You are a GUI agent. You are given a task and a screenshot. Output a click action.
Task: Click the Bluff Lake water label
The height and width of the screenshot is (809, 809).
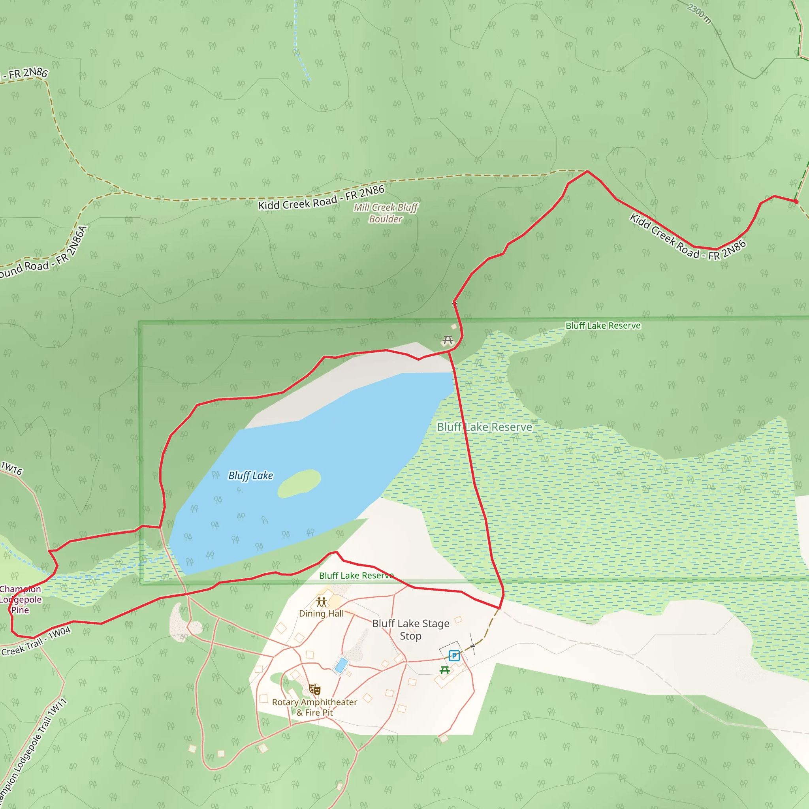tap(250, 476)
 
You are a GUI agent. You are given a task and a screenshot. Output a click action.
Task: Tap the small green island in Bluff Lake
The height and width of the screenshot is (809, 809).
tap(299, 483)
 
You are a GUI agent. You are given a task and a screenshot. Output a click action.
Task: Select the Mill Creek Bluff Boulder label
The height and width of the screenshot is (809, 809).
tap(386, 213)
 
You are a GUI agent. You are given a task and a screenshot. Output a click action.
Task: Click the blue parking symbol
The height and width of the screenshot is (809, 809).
tap(454, 656)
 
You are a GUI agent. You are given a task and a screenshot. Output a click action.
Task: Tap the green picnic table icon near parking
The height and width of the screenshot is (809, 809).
tap(445, 670)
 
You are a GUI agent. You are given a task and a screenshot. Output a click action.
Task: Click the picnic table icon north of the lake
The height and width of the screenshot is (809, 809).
tap(448, 340)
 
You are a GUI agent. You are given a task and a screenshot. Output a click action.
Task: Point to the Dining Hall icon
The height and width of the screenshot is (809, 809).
tap(322, 602)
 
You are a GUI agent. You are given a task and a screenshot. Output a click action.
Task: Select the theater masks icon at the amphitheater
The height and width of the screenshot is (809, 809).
tap(314, 689)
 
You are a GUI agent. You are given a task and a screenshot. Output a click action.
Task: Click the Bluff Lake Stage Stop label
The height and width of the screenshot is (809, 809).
tap(410, 629)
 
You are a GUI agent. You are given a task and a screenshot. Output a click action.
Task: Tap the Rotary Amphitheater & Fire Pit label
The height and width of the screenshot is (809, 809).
tap(314, 707)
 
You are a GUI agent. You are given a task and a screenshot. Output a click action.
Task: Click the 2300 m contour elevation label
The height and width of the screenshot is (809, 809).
tap(699, 13)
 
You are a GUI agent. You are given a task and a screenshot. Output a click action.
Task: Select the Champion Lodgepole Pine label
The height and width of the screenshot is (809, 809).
tap(20, 599)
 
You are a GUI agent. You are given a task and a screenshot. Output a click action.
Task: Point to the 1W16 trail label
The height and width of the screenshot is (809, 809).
tap(12, 468)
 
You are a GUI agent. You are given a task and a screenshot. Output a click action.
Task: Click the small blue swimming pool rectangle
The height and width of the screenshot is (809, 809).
tap(341, 665)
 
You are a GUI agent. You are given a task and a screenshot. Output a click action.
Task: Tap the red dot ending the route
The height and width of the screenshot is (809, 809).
tap(796, 202)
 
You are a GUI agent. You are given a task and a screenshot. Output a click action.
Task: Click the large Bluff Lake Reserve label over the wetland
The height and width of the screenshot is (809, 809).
tap(484, 427)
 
